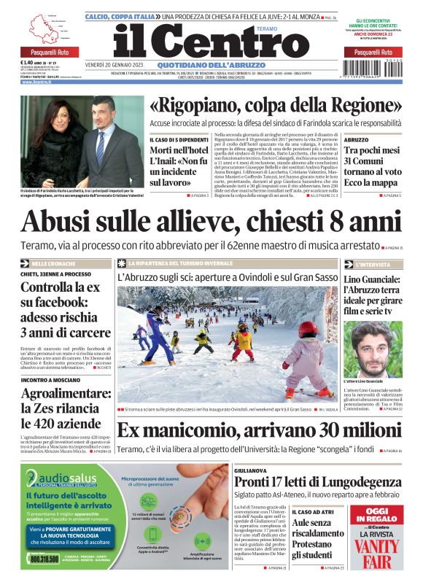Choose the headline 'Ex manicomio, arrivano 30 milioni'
click(x=259, y=430)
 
